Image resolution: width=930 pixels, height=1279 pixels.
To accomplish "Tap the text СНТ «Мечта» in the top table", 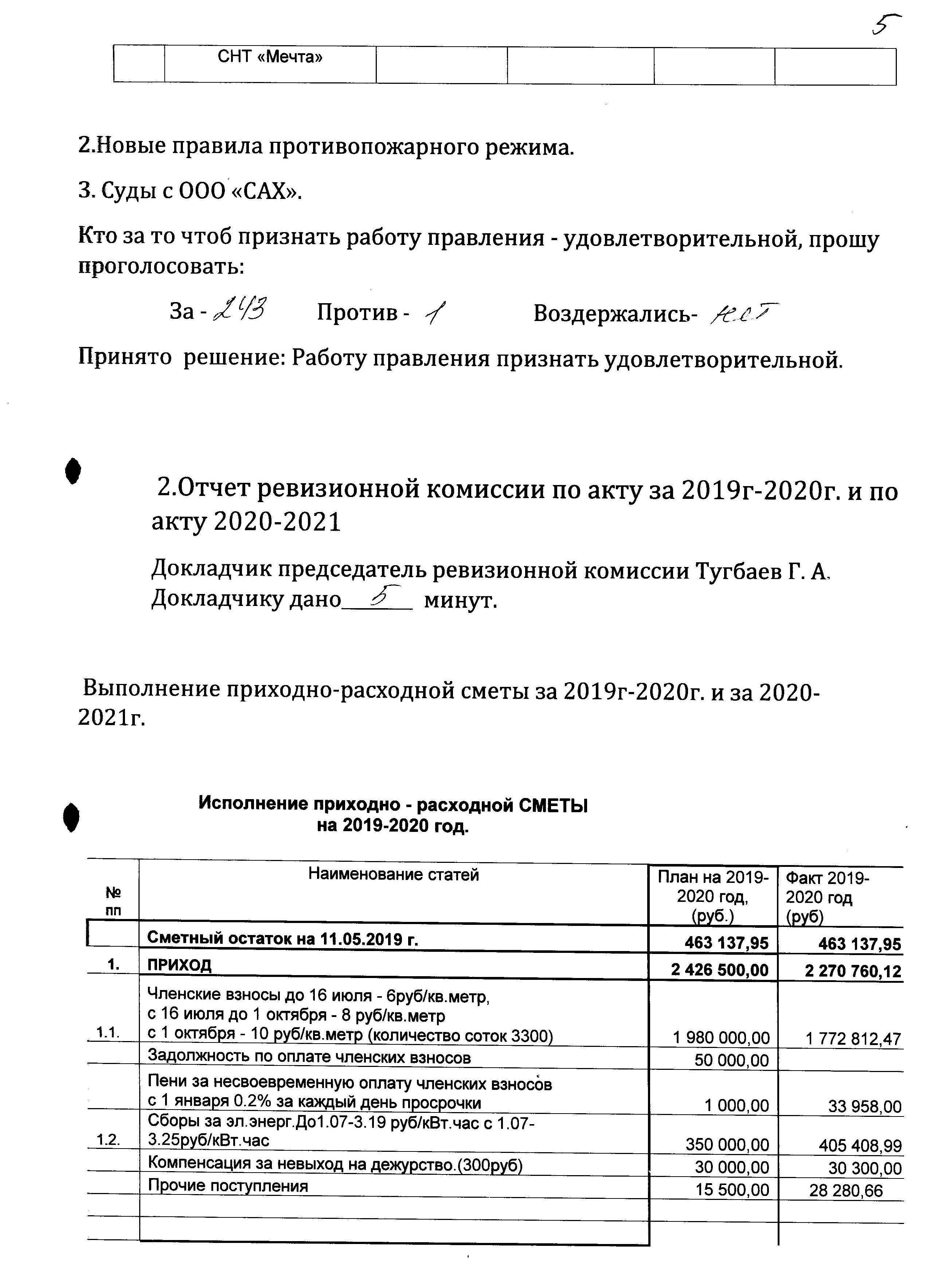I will coord(270,57).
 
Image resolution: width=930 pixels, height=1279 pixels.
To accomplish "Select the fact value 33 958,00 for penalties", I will coord(864,1106).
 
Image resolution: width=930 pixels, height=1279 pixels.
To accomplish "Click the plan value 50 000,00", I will coord(731,1060).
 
